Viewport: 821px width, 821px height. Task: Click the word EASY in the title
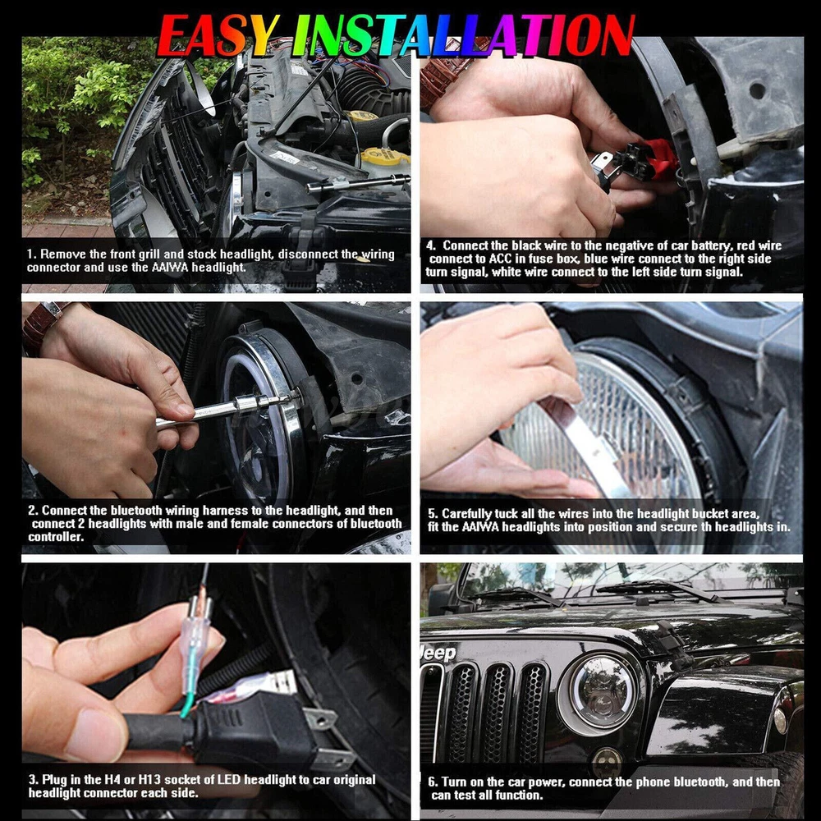click(x=218, y=34)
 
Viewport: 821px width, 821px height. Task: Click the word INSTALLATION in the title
click(x=463, y=34)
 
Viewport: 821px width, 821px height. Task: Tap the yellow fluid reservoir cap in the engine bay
click(x=385, y=156)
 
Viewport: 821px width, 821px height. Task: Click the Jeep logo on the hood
click(x=438, y=654)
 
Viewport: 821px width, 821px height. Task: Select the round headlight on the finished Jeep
click(x=602, y=691)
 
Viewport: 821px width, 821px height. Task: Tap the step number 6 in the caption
click(x=432, y=782)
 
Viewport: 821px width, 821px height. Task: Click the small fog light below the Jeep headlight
click(x=608, y=757)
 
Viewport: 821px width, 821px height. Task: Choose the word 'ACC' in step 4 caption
click(x=500, y=259)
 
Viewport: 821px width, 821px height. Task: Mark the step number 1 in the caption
click(x=30, y=255)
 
